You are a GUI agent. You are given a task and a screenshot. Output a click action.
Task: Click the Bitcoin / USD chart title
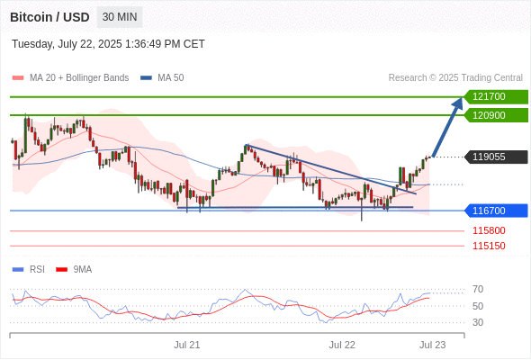(49, 17)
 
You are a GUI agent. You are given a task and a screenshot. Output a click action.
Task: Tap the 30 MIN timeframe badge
(120, 17)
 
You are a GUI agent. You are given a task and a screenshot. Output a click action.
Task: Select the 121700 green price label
(496, 97)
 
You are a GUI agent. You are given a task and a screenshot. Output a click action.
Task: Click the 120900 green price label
(496, 115)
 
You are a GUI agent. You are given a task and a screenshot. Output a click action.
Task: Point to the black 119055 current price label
(496, 157)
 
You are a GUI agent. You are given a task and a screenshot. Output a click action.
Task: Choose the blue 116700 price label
(496, 211)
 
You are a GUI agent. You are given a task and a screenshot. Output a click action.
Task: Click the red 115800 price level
(489, 230)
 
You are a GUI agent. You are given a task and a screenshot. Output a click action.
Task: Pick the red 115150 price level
(489, 246)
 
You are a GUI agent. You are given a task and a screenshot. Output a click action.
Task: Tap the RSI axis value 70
(478, 289)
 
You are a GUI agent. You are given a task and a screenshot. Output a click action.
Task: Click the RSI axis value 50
(478, 306)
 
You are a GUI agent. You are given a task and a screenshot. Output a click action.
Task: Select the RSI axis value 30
(478, 322)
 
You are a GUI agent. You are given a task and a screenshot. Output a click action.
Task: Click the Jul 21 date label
(187, 345)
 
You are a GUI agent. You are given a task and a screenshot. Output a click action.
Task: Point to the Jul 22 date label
(342, 345)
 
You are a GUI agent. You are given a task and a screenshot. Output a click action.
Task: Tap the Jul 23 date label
(433, 345)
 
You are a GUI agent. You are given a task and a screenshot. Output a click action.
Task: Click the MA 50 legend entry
(162, 78)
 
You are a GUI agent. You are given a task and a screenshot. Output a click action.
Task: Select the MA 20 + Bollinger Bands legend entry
(70, 78)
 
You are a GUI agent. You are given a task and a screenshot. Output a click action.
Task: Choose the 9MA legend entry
(74, 270)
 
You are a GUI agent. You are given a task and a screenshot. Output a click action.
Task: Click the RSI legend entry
(29, 270)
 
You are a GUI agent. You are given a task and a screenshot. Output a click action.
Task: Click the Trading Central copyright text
(455, 78)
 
